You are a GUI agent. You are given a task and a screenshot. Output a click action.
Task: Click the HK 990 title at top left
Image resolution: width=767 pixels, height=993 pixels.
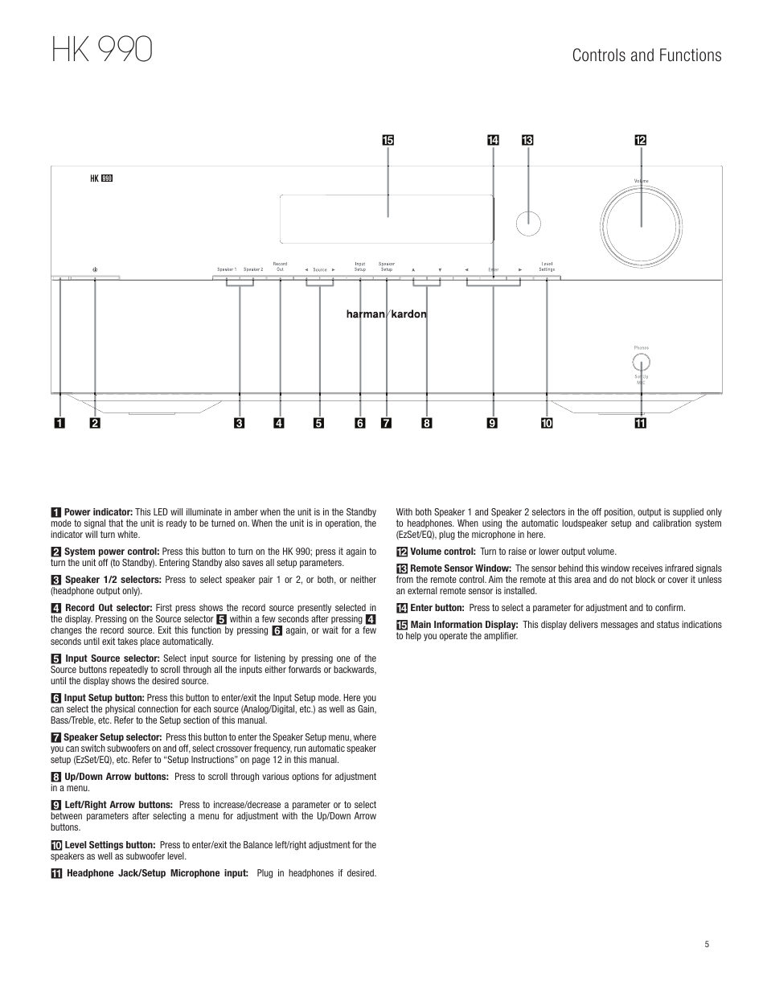coord(101,49)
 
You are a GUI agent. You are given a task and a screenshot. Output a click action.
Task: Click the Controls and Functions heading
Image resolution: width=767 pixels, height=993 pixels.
coord(646,55)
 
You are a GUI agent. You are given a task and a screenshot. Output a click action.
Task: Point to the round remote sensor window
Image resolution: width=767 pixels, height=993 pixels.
coord(527,224)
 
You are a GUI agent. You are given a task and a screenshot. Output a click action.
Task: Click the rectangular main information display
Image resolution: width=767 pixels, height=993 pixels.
coord(387,218)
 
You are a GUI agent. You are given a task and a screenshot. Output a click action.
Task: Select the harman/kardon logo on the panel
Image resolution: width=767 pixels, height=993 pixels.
coord(387,314)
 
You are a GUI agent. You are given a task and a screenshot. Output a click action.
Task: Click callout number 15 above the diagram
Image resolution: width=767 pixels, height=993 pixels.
coord(388,141)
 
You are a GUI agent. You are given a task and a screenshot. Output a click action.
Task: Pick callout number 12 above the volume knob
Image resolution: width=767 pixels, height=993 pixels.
coord(641,141)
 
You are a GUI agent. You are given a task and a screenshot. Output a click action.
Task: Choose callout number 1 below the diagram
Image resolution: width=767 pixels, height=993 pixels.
coord(59,423)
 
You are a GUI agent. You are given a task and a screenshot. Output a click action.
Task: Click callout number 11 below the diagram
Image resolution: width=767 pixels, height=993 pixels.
coord(640,423)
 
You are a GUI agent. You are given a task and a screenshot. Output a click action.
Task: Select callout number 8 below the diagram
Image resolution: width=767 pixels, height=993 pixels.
coord(426,423)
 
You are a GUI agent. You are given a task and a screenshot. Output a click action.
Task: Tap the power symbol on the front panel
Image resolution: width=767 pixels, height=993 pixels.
coord(95,269)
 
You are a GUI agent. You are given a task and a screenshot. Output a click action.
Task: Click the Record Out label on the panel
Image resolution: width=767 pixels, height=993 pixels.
coord(280,266)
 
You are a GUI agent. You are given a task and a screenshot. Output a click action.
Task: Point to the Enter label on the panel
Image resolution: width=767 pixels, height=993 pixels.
coord(494,269)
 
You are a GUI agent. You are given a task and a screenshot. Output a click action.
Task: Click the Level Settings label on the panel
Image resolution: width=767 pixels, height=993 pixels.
coord(547,266)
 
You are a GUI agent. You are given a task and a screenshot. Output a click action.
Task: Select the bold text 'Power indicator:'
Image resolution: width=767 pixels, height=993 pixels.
coord(98,512)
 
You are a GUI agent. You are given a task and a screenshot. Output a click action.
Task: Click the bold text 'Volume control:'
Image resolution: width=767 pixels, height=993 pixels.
coord(443,552)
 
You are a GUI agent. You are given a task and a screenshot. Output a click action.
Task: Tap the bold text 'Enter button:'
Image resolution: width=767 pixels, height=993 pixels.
coord(437,608)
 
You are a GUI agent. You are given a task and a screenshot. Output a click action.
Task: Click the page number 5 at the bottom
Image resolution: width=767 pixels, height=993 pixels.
coord(707,945)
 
